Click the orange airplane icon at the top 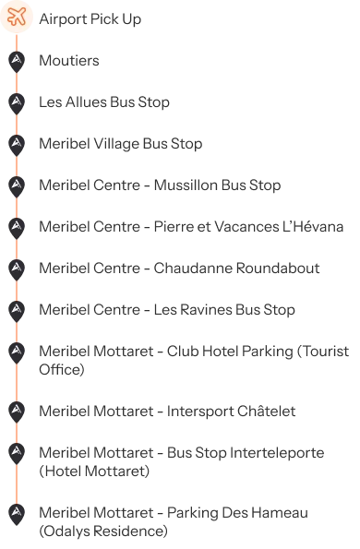(17, 17)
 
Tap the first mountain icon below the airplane (17, 59)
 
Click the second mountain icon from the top (17, 102)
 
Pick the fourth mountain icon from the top (17, 185)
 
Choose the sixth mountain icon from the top (17, 268)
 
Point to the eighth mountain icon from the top (17, 352)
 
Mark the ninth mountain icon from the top (17, 409)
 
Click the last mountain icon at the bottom (17, 513)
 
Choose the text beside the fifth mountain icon (193, 227)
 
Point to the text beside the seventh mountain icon (166, 311)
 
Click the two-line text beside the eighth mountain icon (195, 359)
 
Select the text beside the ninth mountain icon (166, 409)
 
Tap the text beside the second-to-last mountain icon (181, 460)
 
